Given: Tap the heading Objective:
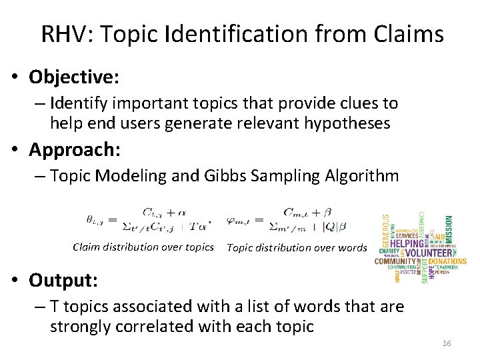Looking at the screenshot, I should pos(74,77).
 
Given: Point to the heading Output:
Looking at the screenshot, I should pos(64,281).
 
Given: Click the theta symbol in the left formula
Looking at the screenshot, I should pos(95,217).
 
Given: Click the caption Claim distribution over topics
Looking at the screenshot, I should pos(143,247).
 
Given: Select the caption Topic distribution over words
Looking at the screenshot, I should pos(297,248).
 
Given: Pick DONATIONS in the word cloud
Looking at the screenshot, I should pos(447,261).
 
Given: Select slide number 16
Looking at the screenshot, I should pos(447,343).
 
